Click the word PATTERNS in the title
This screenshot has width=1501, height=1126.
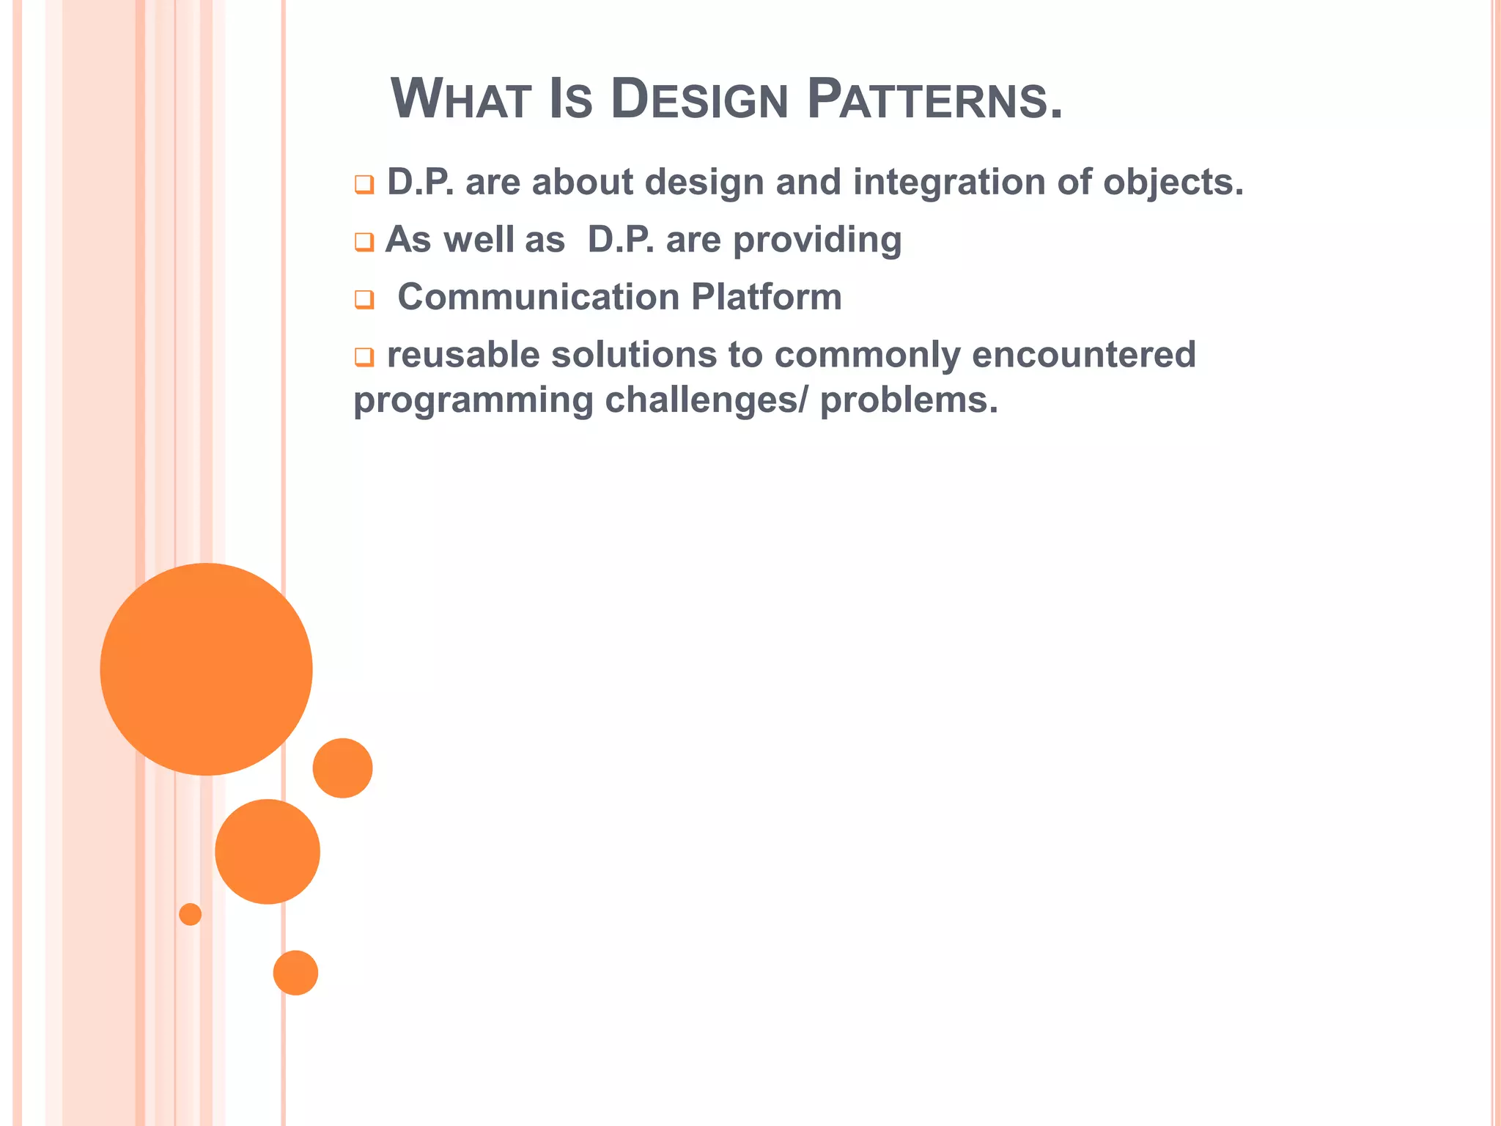tap(934, 100)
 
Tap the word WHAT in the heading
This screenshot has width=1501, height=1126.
tap(460, 100)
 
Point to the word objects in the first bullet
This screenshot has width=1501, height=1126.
tap(1173, 183)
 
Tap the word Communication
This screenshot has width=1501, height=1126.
tap(539, 298)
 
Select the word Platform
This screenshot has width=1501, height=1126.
tap(766, 298)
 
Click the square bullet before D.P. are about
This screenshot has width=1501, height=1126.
tap(364, 184)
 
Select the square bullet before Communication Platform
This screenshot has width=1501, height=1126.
tap(364, 299)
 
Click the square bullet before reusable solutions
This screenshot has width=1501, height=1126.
tap(364, 357)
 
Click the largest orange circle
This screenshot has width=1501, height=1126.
tap(206, 669)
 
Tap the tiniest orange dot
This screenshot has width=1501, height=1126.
tap(190, 914)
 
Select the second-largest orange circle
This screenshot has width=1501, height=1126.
tap(268, 851)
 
